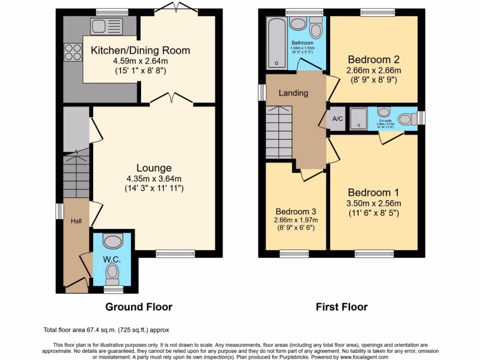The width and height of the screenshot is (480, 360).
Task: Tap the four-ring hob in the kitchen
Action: click(73, 51)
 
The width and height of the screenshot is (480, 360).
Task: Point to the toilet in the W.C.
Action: click(112, 272)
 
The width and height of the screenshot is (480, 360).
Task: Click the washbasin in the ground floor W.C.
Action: click(112, 241)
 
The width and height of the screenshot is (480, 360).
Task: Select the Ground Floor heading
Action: click(139, 307)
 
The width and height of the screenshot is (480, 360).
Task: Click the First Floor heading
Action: click(342, 307)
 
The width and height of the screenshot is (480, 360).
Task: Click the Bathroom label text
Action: click(302, 43)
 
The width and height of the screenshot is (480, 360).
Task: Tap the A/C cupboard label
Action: click(337, 119)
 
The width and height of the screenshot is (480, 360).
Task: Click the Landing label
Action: click(293, 93)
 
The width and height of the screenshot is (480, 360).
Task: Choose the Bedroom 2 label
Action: click(374, 60)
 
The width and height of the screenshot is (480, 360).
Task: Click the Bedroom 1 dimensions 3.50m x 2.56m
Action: click(374, 203)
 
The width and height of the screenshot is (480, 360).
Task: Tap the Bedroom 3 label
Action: click(296, 211)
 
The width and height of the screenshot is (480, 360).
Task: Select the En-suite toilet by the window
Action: click(408, 119)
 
